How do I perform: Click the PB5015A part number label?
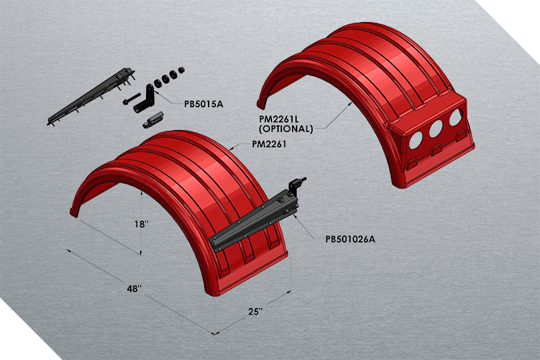[x=204, y=104]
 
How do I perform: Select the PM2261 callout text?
[x=269, y=145]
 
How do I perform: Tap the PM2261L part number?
[x=281, y=119]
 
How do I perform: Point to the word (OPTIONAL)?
[x=286, y=129]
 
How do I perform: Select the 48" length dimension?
[x=134, y=289]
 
